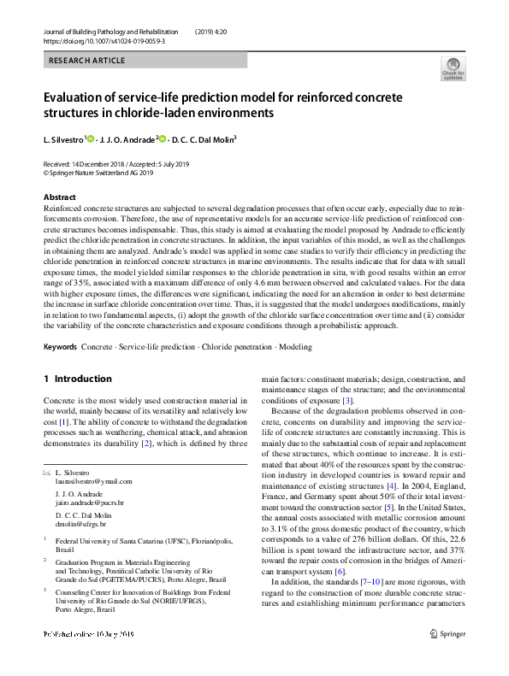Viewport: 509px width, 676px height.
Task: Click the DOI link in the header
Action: [x=104, y=40]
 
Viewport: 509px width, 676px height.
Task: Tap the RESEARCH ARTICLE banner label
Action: [x=87, y=61]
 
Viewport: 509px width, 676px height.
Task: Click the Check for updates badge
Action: [x=453, y=68]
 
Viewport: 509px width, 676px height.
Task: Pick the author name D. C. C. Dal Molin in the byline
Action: [x=203, y=139]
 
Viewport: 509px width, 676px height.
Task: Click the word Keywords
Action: [x=60, y=347]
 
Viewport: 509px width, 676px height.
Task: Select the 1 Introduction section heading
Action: [x=77, y=379]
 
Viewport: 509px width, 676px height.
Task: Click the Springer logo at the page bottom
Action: [x=447, y=657]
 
